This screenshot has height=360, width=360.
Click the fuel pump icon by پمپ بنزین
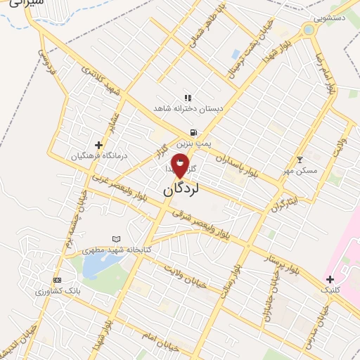click(x=191, y=132)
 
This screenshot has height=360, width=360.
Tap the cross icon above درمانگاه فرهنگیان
click(x=98, y=145)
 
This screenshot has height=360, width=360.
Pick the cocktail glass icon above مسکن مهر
click(x=300, y=160)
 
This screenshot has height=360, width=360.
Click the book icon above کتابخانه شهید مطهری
click(x=117, y=240)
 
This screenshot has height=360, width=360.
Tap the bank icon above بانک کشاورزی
click(x=57, y=280)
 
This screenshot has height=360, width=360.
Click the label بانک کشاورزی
click(x=58, y=290)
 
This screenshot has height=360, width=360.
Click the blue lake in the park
click(x=94, y=266)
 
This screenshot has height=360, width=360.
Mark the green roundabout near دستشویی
click(x=308, y=30)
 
